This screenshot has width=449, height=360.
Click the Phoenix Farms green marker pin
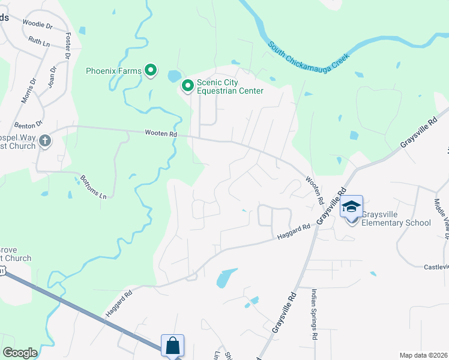pyautogui.click(x=151, y=71)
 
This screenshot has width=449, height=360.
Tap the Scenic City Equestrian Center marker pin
pyautogui.click(x=187, y=86)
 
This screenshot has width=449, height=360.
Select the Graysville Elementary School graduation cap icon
pyautogui.click(x=351, y=208)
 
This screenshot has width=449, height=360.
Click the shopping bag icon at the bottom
pyautogui.click(x=172, y=346)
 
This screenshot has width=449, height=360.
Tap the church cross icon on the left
pyautogui.click(x=45, y=142)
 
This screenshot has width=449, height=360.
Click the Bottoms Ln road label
pyautogui.click(x=95, y=187)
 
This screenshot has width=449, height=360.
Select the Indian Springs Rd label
pyautogui.click(x=314, y=315)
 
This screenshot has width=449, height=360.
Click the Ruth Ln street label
pyautogui.click(x=39, y=41)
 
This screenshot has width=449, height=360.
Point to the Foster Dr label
pyautogui.click(x=68, y=46)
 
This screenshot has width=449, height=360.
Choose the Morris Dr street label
pyautogui.click(x=28, y=90)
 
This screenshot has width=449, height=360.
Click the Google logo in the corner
pyautogui.click(x=20, y=353)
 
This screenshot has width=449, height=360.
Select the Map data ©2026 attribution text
pyautogui.click(x=423, y=355)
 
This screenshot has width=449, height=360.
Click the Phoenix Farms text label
pyautogui.click(x=113, y=71)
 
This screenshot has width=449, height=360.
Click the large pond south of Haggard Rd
pyautogui.click(x=224, y=278)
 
